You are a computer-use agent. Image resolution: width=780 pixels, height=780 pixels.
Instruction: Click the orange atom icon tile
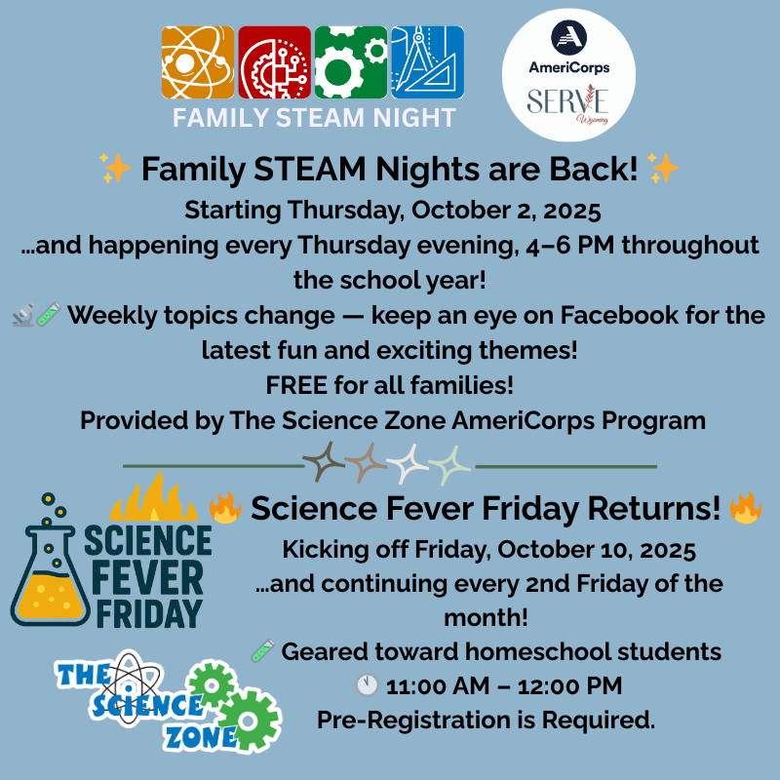[198, 61]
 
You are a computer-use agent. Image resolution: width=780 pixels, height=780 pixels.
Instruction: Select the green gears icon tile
[350, 61]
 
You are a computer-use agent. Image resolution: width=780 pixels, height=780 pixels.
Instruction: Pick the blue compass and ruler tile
[427, 61]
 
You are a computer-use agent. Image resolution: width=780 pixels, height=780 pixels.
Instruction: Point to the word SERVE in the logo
[567, 100]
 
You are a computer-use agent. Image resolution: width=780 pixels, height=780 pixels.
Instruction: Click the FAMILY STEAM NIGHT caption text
[314, 118]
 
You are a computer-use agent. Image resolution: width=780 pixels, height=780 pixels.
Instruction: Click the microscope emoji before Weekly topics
[25, 315]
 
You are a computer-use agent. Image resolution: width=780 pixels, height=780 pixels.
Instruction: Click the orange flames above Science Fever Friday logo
[153, 499]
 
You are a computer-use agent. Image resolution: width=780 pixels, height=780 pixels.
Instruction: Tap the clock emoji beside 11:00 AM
[367, 686]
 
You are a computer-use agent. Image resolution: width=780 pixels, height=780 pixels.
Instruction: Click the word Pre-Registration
[426, 721]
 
